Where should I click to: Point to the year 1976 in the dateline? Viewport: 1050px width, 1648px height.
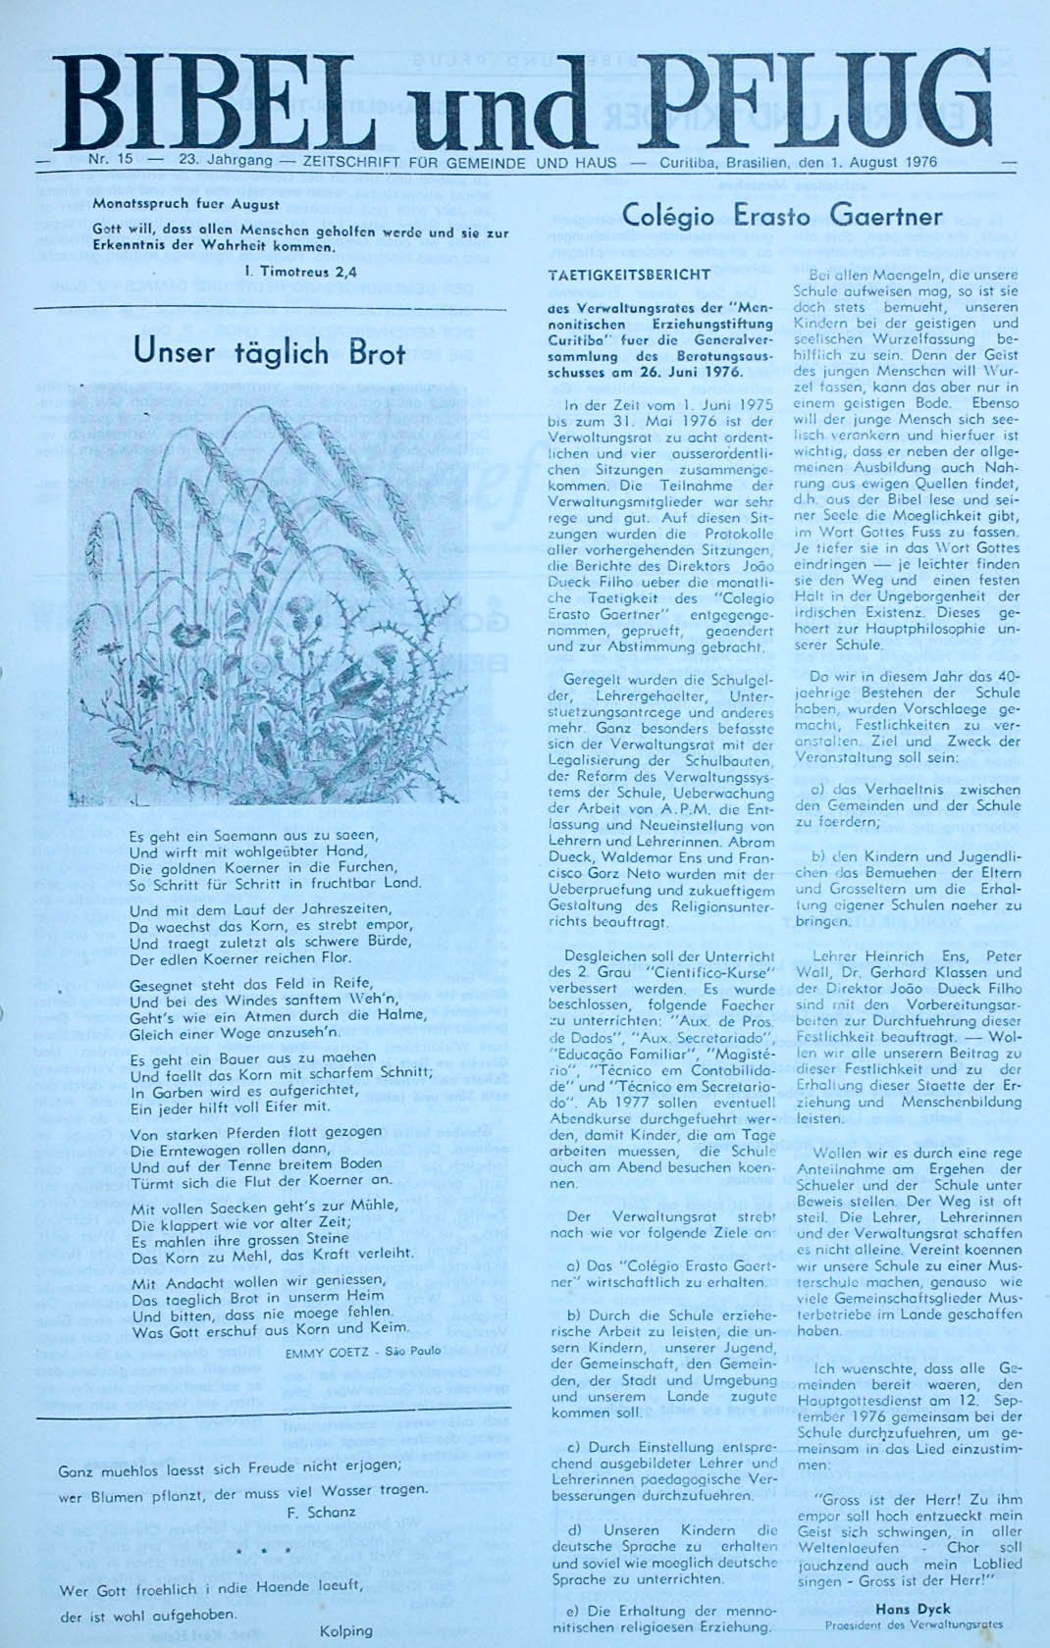(x=917, y=162)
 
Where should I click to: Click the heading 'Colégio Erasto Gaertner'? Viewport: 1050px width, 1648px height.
(x=782, y=216)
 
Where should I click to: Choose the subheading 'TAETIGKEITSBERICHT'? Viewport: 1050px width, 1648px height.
(x=629, y=276)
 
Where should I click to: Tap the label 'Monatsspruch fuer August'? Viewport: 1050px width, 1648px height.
(x=185, y=205)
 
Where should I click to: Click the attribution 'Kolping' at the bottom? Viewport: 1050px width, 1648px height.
(x=345, y=1630)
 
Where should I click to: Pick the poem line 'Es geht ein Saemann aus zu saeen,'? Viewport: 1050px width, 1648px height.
(x=253, y=836)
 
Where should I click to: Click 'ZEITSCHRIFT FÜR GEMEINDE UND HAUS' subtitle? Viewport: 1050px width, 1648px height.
(x=460, y=162)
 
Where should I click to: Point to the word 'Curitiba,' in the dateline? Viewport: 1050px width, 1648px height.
(x=691, y=162)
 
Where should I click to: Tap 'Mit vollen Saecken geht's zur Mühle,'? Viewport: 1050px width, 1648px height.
(x=264, y=1206)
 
